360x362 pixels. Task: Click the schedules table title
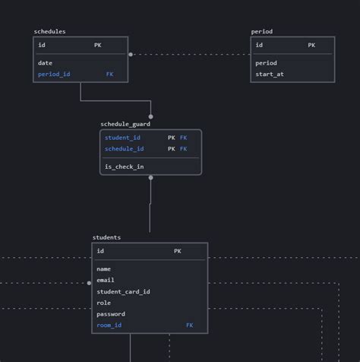point(50,31)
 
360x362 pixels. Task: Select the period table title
point(262,31)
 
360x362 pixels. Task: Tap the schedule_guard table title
point(125,124)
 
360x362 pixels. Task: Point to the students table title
point(106,237)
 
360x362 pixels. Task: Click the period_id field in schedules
point(54,75)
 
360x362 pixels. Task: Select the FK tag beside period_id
point(109,75)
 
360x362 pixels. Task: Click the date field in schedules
point(45,63)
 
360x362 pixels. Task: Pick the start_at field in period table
point(270,75)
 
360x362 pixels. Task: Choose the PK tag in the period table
point(311,45)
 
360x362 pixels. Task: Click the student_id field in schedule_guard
point(122,138)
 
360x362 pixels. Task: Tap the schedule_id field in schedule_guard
point(124,149)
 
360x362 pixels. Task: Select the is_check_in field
point(124,167)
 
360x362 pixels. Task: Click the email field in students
point(106,280)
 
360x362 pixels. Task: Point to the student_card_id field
point(123,291)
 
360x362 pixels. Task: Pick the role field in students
point(103,303)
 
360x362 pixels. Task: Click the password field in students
point(111,314)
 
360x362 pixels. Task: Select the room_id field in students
point(109,325)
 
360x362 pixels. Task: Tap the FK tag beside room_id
point(189,325)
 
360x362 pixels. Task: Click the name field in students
point(104,268)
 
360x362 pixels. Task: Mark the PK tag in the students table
point(178,251)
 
